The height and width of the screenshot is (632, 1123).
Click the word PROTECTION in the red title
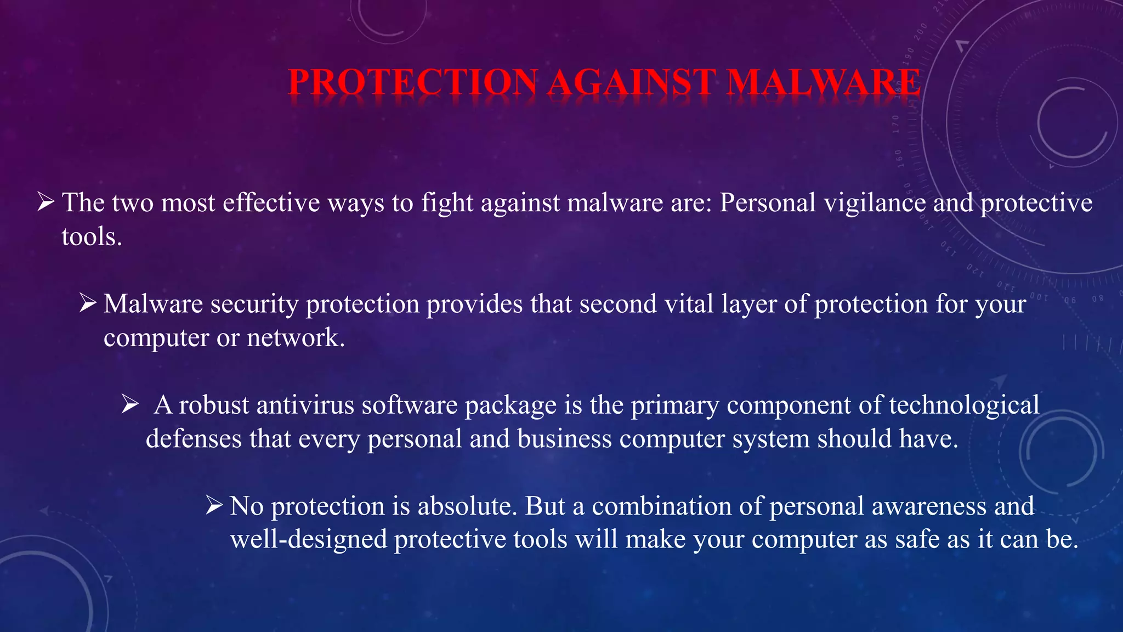tap(413, 82)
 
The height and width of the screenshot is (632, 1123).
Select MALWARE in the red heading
tap(824, 82)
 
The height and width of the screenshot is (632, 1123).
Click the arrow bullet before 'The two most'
tap(46, 202)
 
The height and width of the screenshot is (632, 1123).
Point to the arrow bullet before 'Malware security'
tap(88, 303)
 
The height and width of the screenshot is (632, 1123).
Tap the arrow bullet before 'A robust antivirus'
tap(130, 404)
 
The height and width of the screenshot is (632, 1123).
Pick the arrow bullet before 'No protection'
tap(214, 505)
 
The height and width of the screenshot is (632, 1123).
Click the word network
tap(295, 337)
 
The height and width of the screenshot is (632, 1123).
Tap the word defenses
tap(194, 439)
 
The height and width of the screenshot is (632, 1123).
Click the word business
tap(564, 439)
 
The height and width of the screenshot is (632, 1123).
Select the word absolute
tap(467, 506)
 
